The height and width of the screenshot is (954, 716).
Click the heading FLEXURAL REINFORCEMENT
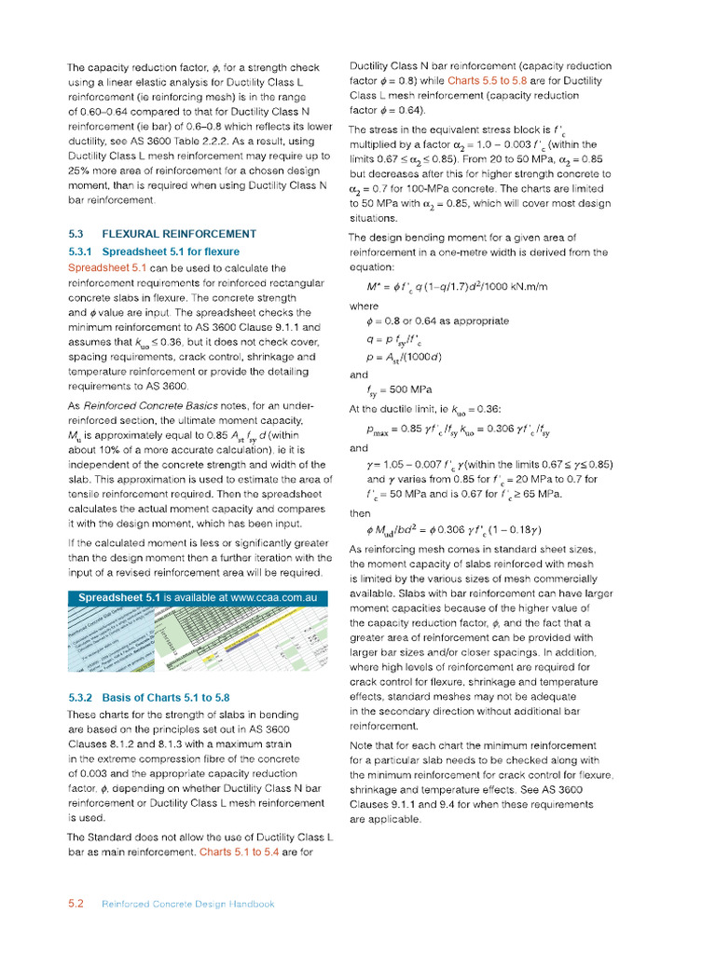[179, 234]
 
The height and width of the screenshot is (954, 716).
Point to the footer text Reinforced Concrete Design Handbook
[188, 904]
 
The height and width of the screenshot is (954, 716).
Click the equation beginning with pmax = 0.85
[458, 430]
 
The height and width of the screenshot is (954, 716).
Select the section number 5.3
[77, 234]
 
